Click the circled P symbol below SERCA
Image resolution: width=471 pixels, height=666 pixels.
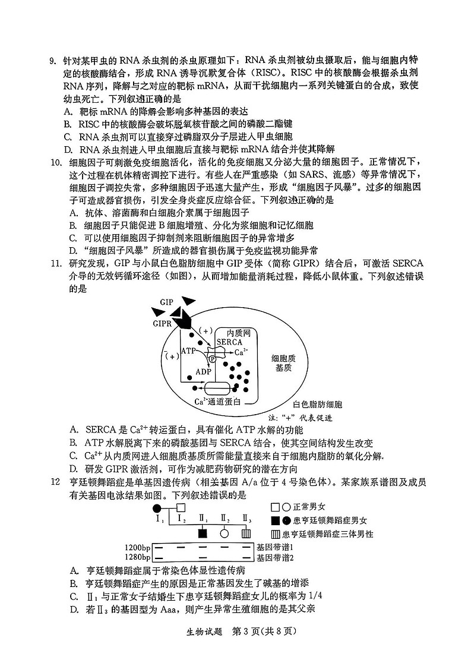[x=212, y=359]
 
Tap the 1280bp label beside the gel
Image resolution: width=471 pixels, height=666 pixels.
[x=138, y=557]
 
